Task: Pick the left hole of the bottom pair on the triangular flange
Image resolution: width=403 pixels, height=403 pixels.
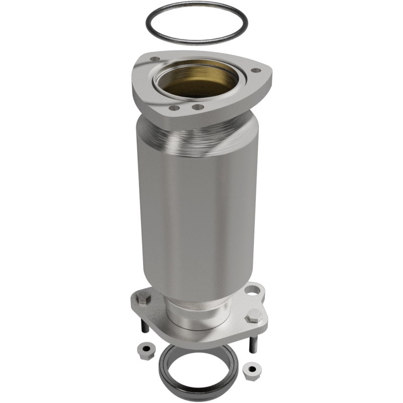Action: tap(174, 108)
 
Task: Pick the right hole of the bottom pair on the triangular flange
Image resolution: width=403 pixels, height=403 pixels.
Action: tap(198, 107)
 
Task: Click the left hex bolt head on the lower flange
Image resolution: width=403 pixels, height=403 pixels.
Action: tap(142, 303)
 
